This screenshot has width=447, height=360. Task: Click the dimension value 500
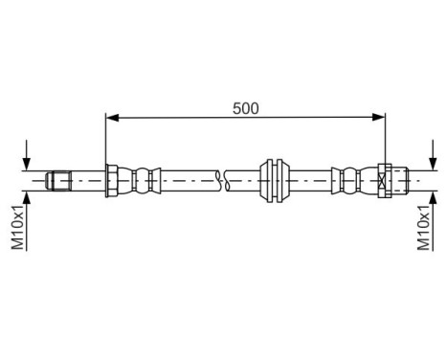tap(245, 107)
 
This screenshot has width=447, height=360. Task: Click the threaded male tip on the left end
tap(60, 178)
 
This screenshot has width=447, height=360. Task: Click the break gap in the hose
tap(223, 178)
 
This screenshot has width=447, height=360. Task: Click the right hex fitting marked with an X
tap(385, 178)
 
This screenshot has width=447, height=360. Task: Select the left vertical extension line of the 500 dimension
tap(104, 139)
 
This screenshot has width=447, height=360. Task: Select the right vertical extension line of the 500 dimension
tap(385, 139)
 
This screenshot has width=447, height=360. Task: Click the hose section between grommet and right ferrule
tap(311, 178)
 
